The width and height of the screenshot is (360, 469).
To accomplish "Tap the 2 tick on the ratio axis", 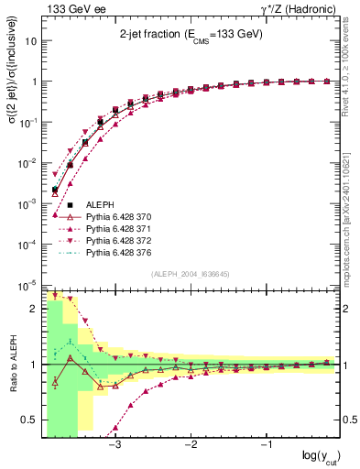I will click(x=32, y=309).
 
